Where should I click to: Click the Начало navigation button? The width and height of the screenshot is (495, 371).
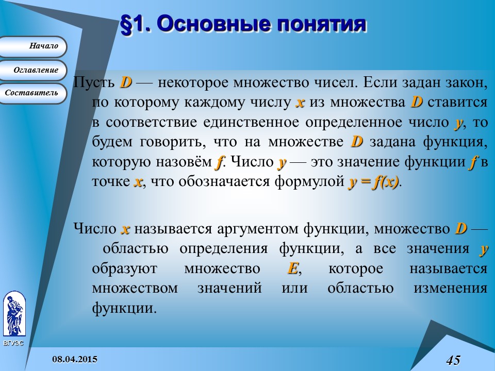click(33, 46)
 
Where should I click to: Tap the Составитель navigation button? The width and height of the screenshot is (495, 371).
click(33, 93)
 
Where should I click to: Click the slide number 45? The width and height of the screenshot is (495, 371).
click(453, 360)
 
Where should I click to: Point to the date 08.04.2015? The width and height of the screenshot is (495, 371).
click(76, 359)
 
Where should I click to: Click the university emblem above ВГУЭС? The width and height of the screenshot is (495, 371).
click(14, 315)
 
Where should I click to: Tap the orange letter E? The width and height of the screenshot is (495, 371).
click(292, 268)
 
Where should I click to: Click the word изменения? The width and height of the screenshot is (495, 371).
click(450, 288)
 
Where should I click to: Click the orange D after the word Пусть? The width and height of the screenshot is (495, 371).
click(126, 82)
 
